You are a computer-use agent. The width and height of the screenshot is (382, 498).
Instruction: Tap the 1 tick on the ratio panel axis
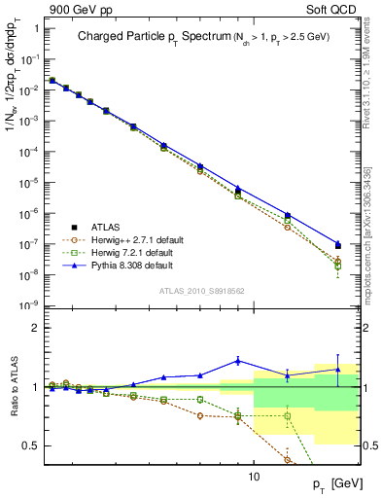tap(34, 387)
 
